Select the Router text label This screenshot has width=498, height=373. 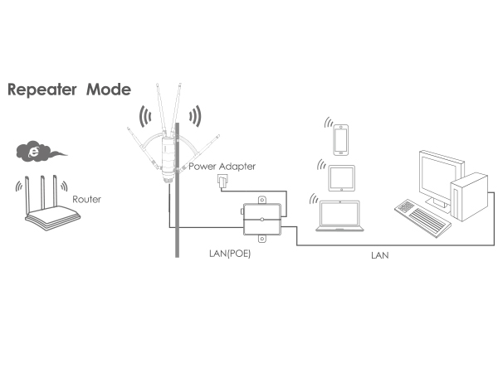87,200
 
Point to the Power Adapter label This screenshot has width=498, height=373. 222,167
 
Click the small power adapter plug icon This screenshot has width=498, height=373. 220,180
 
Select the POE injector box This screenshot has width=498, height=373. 262,219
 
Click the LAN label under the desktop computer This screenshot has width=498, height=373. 379,256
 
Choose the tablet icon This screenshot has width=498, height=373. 341,177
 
